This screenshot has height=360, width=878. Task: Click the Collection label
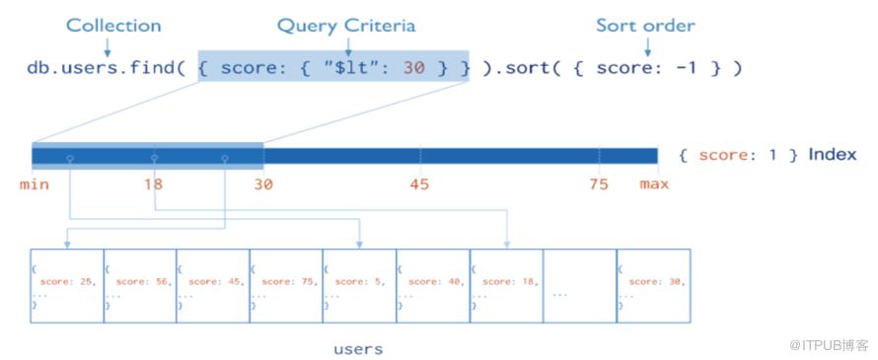pyautogui.click(x=113, y=26)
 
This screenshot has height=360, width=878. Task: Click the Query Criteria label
pyautogui.click(x=346, y=26)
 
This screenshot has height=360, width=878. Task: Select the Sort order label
pyautogui.click(x=645, y=26)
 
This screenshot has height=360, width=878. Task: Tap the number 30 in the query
pyautogui.click(x=413, y=68)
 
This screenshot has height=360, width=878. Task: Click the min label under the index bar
pyautogui.click(x=35, y=183)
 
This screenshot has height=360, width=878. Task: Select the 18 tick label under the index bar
pyautogui.click(x=154, y=183)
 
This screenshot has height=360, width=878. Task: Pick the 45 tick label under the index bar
pyautogui.click(x=419, y=183)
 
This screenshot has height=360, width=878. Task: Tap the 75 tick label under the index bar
pyautogui.click(x=599, y=183)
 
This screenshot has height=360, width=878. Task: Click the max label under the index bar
pyautogui.click(x=655, y=183)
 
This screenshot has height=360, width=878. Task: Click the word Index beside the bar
pyautogui.click(x=832, y=155)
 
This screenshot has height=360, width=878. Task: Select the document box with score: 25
pyautogui.click(x=67, y=286)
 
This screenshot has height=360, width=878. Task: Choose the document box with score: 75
pyautogui.click(x=287, y=286)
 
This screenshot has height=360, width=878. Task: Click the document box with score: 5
pyautogui.click(x=359, y=286)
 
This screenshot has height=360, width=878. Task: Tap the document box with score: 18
pyautogui.click(x=506, y=286)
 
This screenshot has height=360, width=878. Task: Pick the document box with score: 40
pyautogui.click(x=433, y=286)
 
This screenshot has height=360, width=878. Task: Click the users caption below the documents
pyautogui.click(x=358, y=350)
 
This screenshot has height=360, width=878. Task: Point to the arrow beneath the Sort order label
pyautogui.click(x=647, y=47)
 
